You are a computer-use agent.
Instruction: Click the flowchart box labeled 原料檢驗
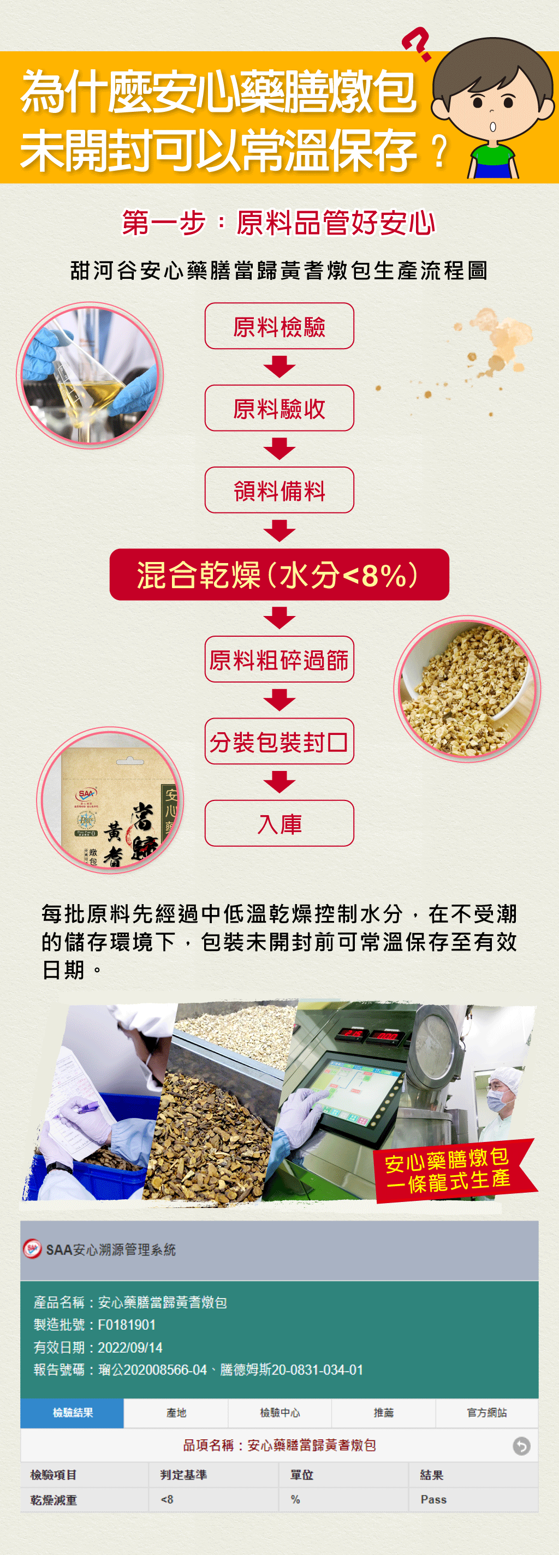point(279,326)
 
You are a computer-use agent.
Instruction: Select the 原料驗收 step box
point(279,408)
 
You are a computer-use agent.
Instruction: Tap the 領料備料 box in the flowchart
point(279,490)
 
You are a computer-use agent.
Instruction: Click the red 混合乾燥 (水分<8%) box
point(279,574)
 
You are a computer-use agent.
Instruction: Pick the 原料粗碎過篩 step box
point(279,659)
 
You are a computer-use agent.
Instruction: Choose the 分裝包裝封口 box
point(279,741)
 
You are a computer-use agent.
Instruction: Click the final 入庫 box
point(279,823)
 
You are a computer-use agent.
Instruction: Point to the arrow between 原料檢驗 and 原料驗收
point(279,367)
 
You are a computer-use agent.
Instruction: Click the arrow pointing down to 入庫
point(279,782)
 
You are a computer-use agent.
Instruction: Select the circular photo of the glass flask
point(90,375)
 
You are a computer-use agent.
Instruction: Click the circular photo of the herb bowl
point(467,689)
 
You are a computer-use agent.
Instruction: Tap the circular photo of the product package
point(110,800)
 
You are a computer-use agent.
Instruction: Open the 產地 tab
point(176,1413)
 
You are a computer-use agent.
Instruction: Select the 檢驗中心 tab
point(279,1413)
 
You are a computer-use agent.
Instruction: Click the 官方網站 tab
point(486,1413)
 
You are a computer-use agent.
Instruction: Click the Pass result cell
point(433,1499)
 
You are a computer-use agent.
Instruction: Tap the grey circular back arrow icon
point(521,1446)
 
